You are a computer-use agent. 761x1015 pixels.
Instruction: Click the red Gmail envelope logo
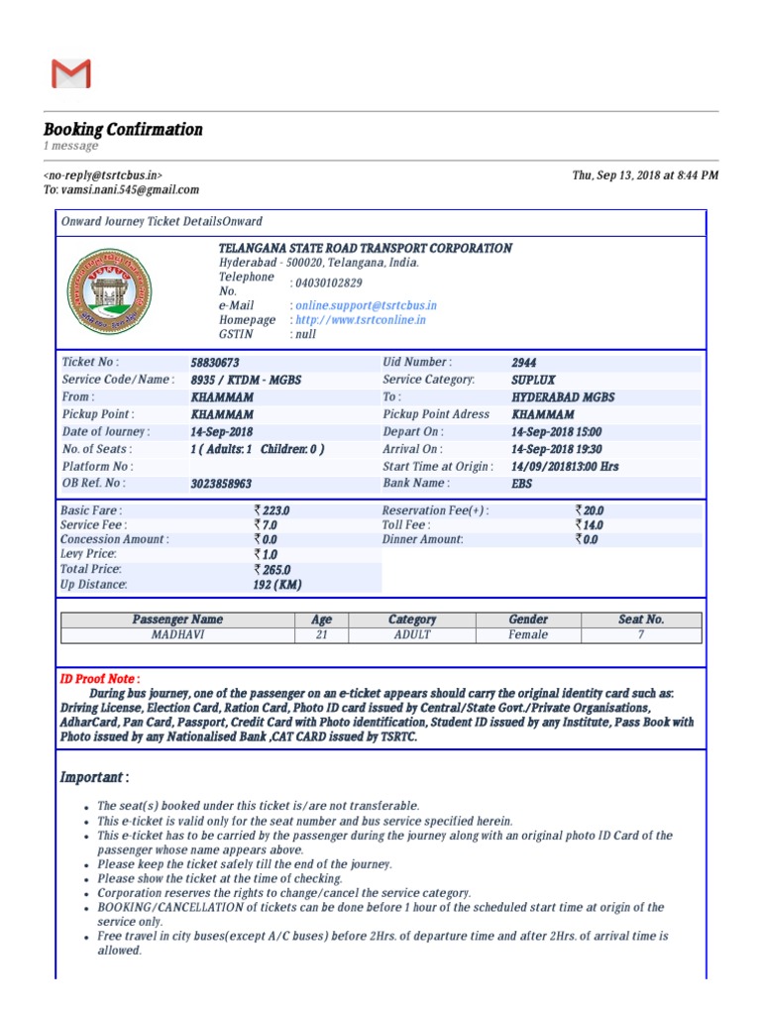70,73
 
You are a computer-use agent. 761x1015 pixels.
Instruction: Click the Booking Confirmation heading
123,129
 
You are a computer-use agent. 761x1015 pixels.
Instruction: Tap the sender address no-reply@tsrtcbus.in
103,175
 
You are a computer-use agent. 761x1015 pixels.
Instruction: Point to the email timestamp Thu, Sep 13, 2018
645,175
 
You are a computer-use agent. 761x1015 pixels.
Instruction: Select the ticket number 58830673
215,363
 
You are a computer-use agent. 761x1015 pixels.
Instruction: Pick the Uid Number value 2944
525,363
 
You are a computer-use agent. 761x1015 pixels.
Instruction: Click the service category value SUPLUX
533,380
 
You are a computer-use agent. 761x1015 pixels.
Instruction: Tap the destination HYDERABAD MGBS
563,396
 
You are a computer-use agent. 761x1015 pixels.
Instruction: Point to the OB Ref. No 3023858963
221,484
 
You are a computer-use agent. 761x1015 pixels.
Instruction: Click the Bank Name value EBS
521,484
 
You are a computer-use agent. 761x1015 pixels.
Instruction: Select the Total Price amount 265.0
272,570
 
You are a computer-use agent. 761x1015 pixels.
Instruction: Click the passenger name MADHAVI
177,634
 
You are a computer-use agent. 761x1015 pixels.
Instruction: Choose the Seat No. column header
641,619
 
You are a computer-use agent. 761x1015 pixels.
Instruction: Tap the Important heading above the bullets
94,776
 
